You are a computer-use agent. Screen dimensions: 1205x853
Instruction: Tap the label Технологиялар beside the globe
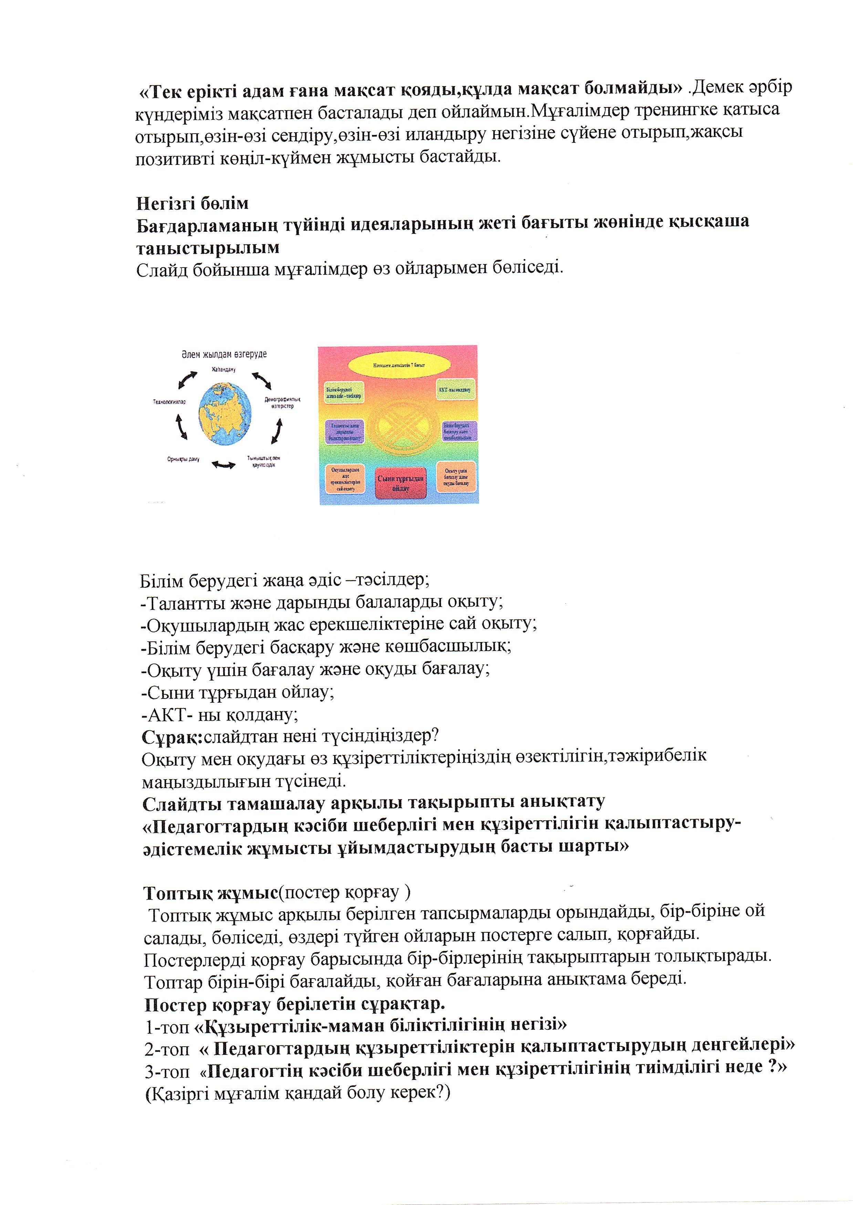tap(169, 402)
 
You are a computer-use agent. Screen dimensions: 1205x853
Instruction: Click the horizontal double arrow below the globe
tap(224, 464)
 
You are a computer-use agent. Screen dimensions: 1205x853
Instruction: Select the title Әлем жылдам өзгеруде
tap(224, 354)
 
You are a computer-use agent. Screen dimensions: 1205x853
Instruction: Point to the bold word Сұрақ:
tap(172, 737)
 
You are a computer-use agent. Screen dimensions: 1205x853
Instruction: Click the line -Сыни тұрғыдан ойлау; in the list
tap(237, 692)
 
